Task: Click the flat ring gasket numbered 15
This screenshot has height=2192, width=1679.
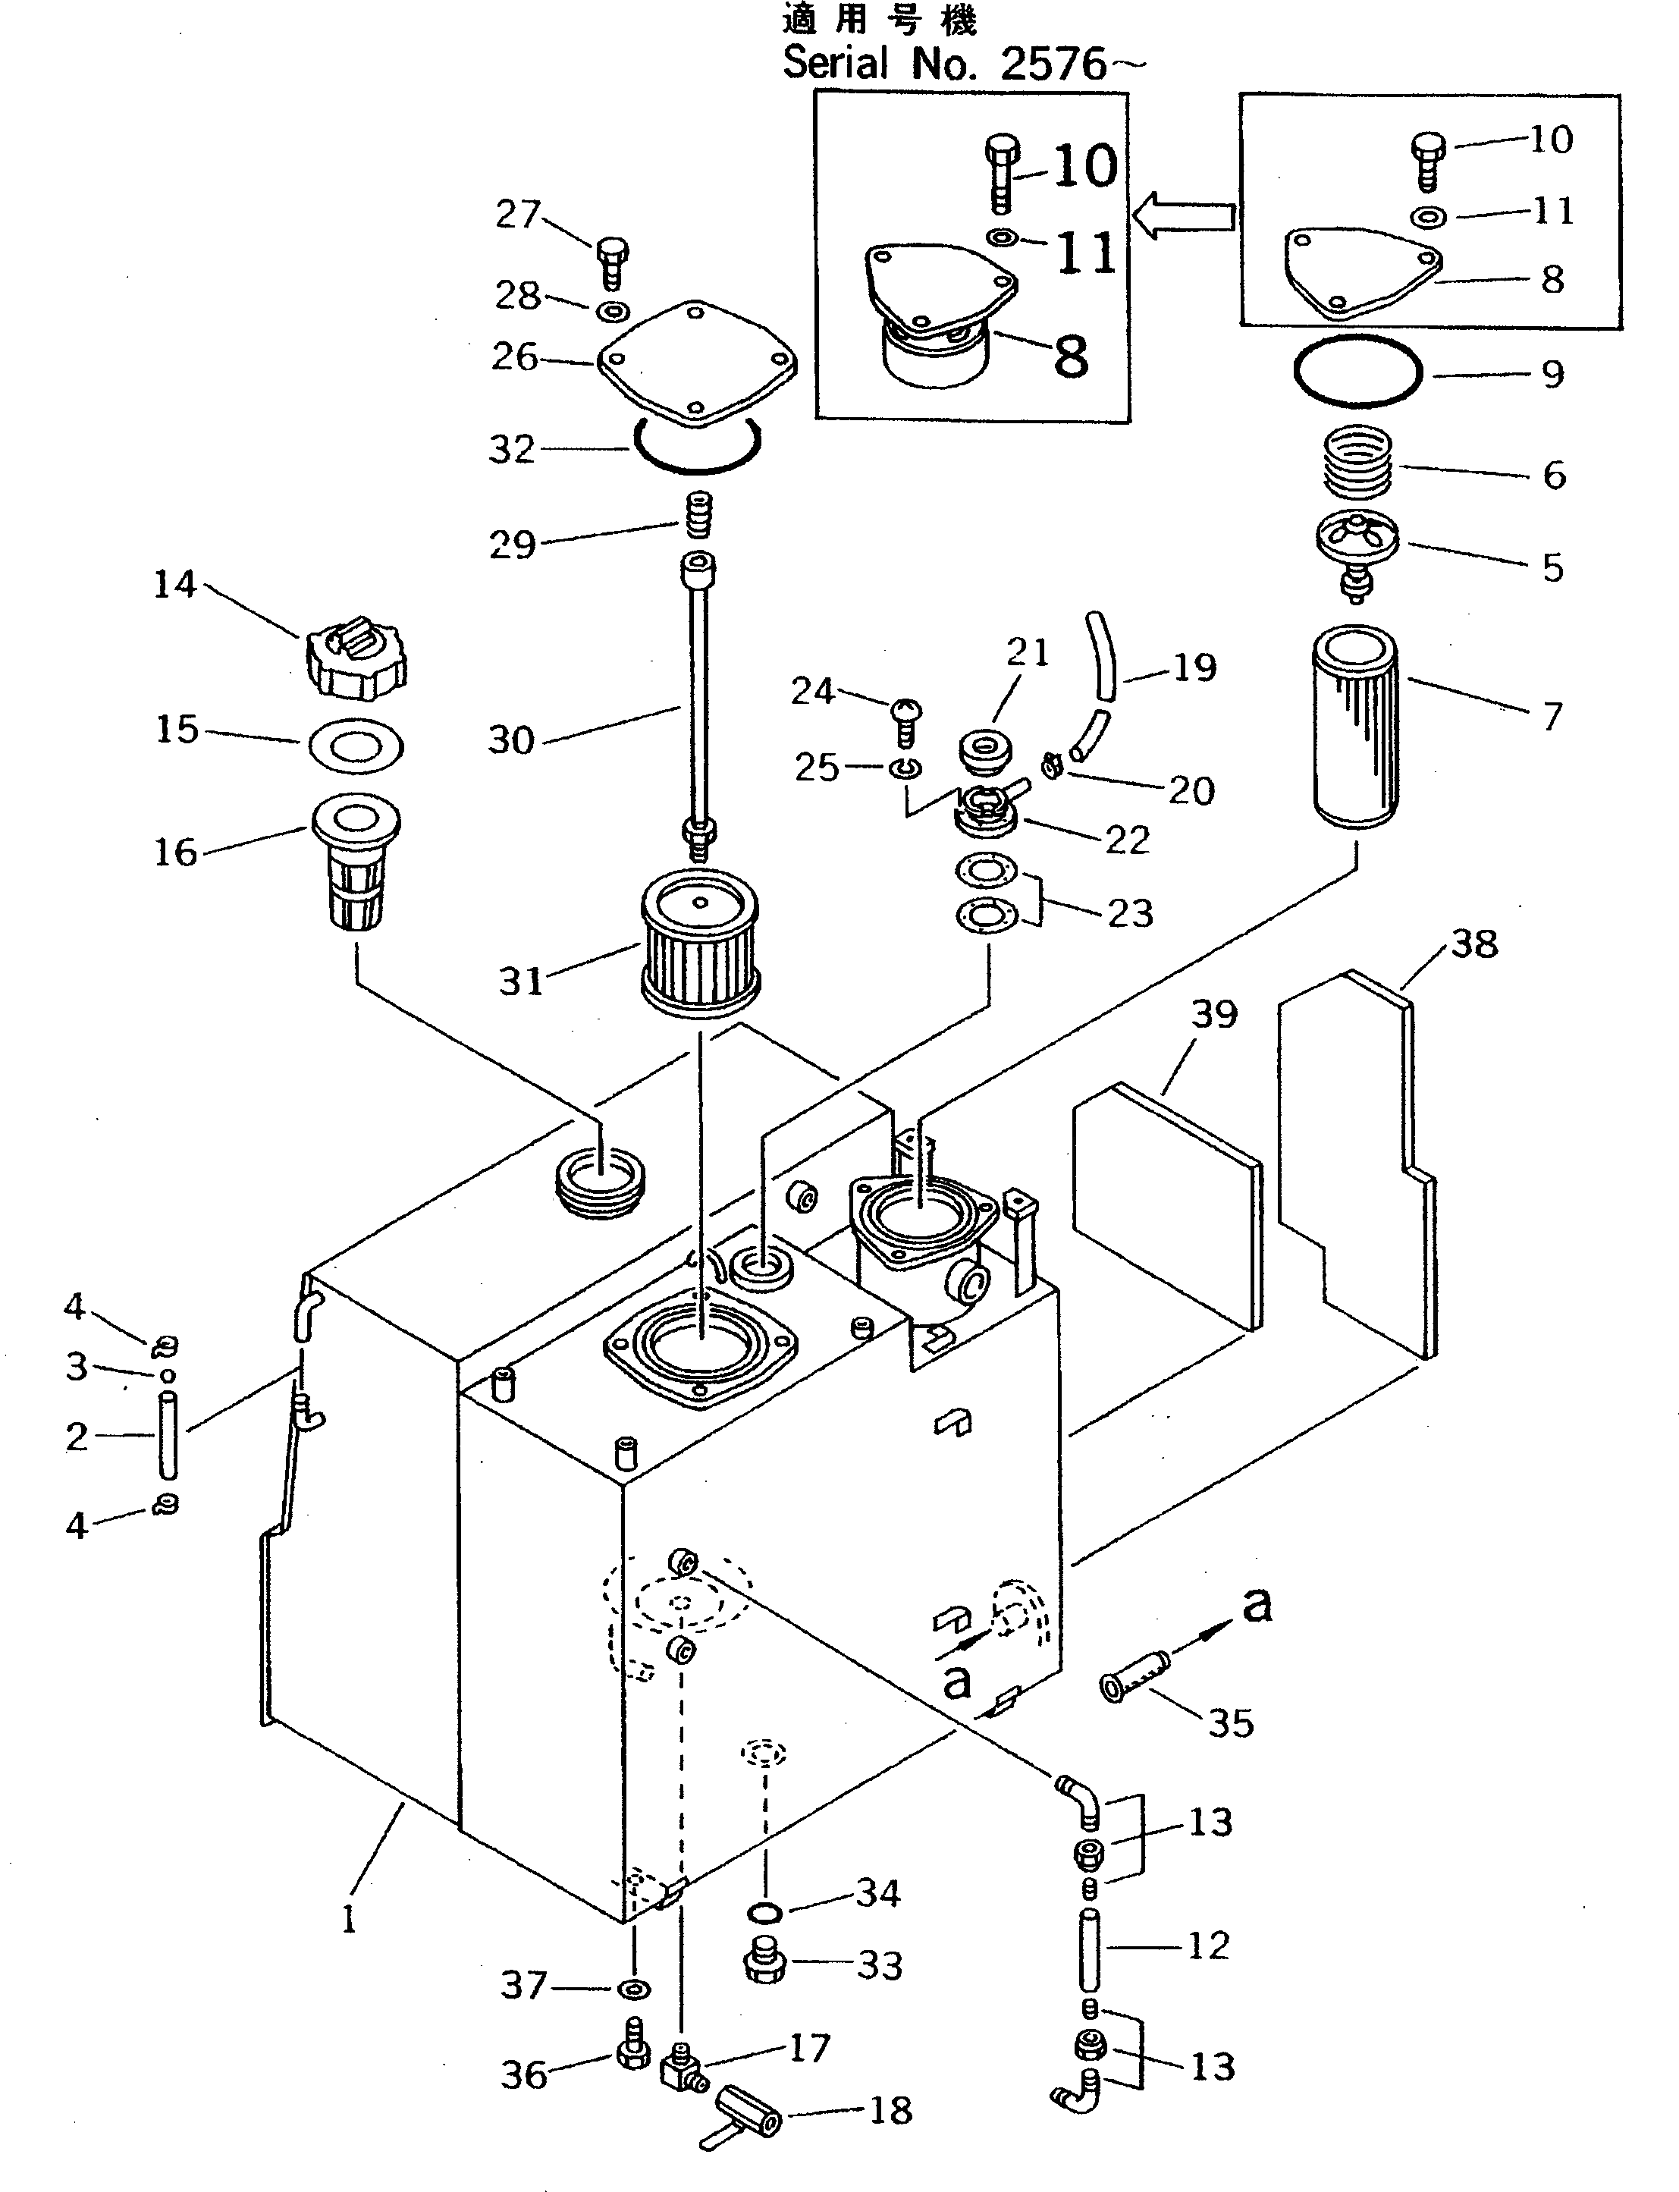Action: click(x=356, y=745)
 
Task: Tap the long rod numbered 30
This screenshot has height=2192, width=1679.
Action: click(x=697, y=699)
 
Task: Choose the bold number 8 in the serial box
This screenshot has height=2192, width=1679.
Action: click(x=1070, y=356)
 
